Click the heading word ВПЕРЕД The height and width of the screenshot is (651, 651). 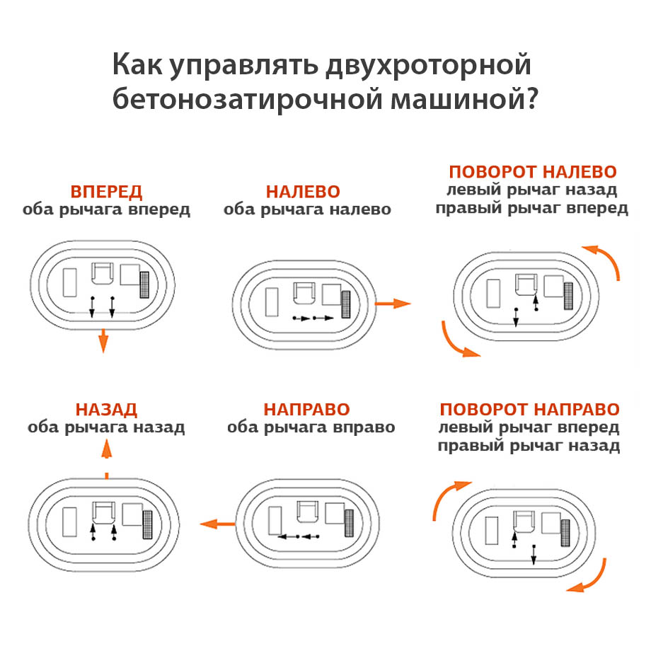[x=106, y=192]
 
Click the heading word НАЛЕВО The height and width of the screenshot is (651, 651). [x=303, y=192]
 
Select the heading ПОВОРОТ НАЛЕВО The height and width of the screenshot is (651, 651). [x=532, y=172]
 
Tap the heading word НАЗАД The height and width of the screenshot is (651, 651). [x=106, y=410]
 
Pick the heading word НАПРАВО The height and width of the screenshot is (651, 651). [x=306, y=410]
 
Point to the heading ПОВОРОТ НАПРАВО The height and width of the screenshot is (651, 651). [x=529, y=410]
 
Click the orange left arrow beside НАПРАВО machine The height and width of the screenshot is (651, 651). [x=217, y=524]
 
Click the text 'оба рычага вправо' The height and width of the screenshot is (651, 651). [x=311, y=427]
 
